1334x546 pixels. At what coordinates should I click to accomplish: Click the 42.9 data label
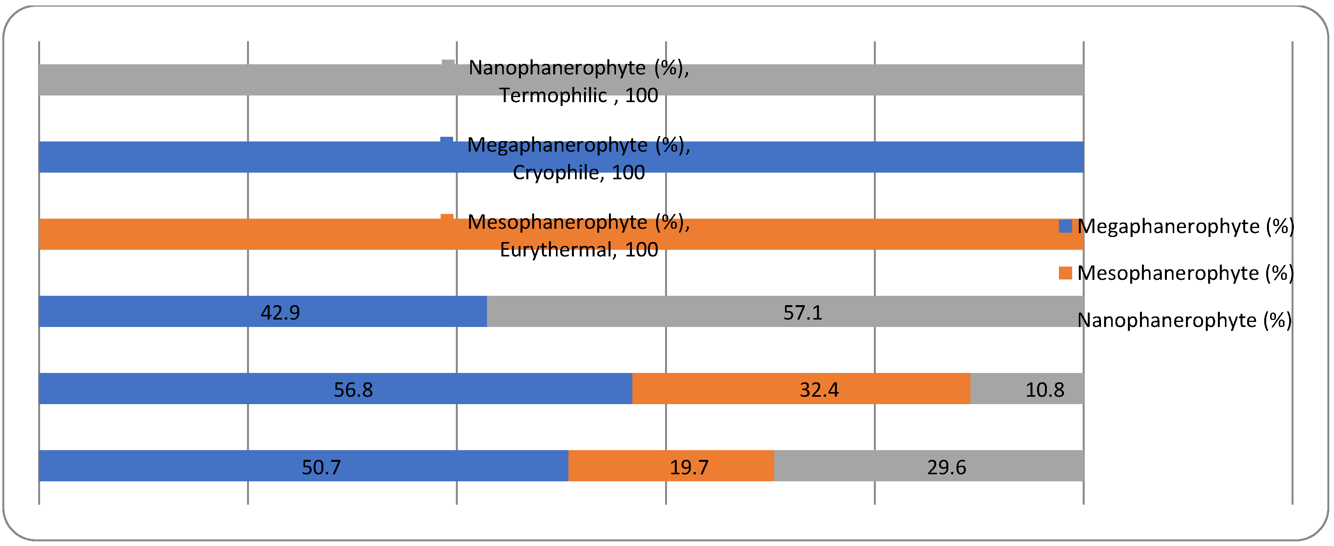tap(280, 313)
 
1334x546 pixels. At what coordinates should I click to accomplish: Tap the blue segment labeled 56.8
tap(259, 389)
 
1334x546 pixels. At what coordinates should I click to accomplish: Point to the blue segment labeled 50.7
tap(207, 466)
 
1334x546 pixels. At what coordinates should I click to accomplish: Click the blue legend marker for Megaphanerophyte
tap(1065, 226)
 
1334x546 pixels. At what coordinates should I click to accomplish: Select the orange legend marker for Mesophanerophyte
tap(1065, 273)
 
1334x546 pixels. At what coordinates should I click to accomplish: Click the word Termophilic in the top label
tap(552, 96)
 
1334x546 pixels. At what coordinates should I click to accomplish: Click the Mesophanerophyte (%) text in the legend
tap(1186, 273)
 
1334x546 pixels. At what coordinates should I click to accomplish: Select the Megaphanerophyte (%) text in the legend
tap(1186, 226)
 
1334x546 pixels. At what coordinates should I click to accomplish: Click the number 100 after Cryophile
tap(628, 173)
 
